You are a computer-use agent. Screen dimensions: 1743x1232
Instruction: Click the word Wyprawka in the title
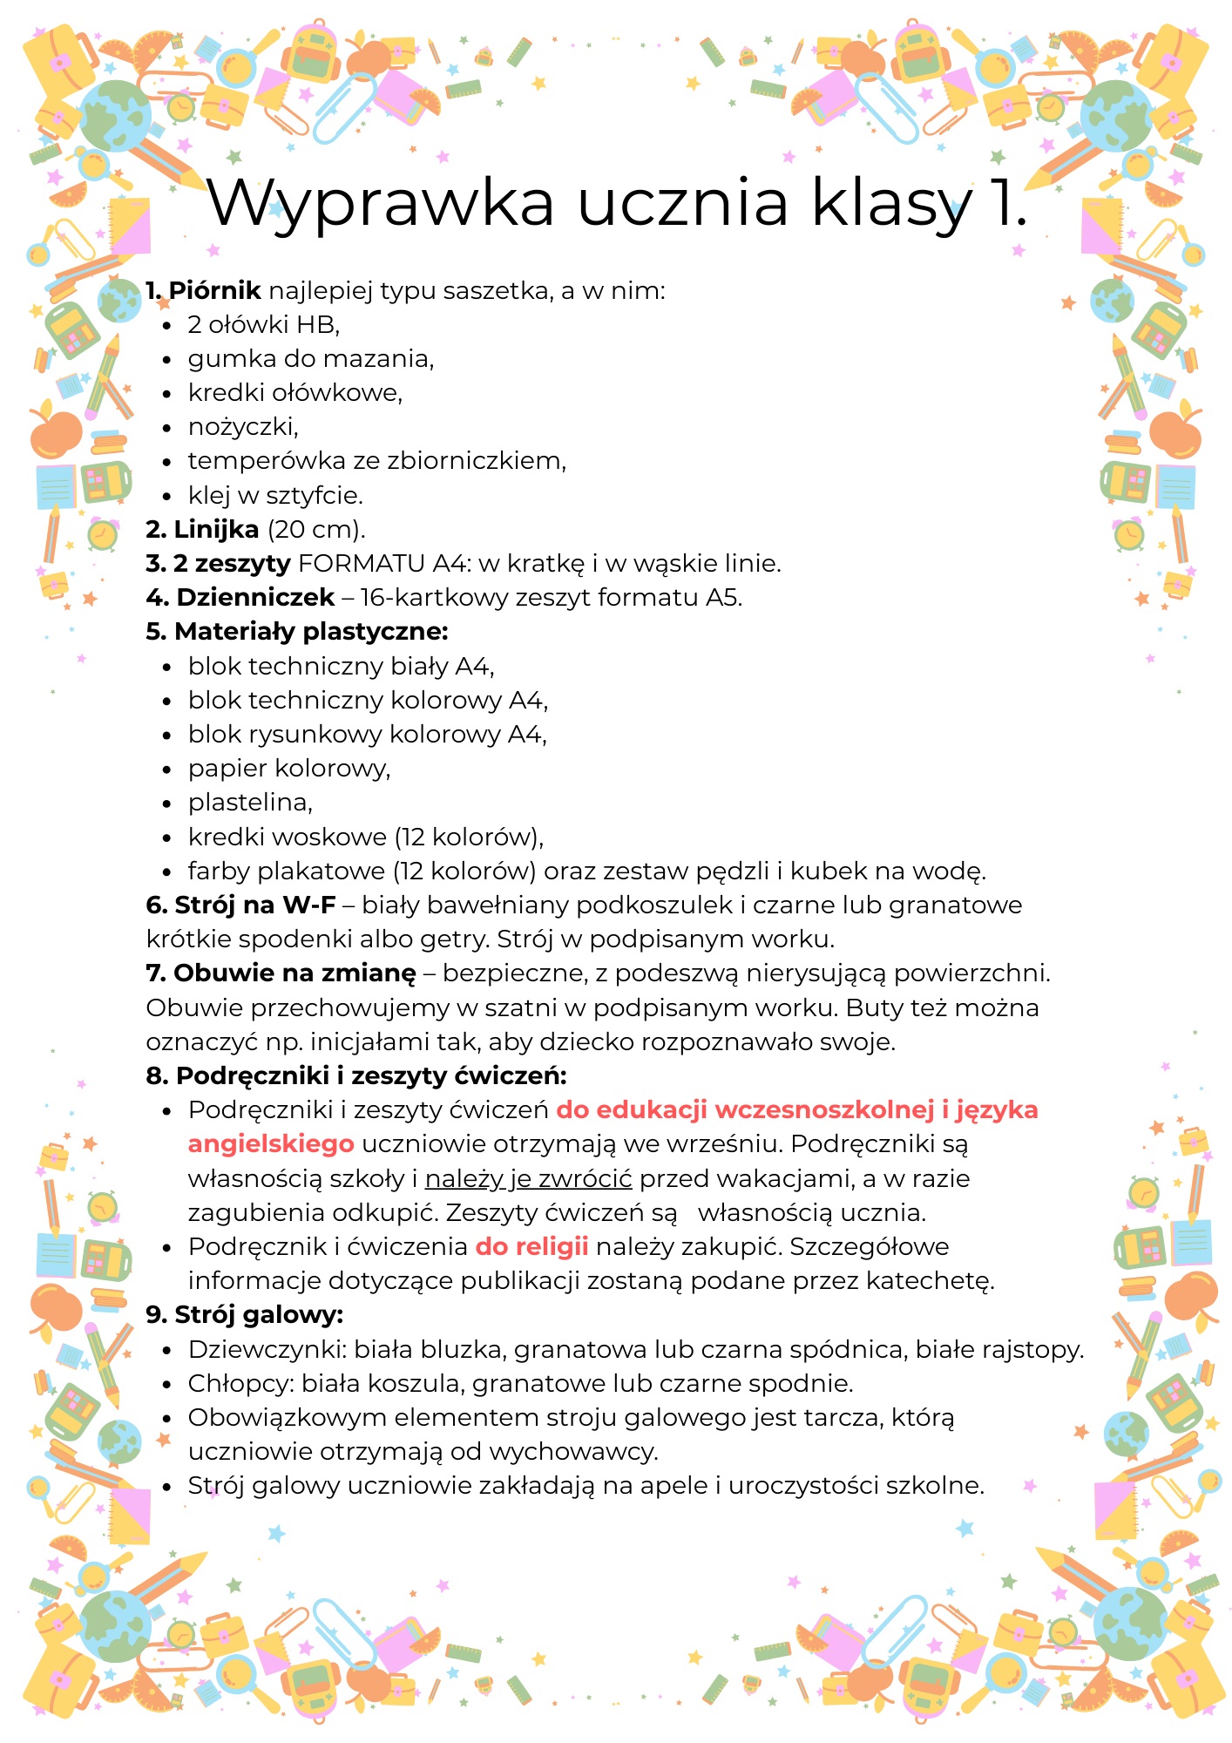381,203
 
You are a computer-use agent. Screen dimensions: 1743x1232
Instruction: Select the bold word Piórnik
214,290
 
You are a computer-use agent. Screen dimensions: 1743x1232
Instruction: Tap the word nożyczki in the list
242,427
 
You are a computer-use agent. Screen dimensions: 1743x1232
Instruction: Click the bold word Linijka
216,529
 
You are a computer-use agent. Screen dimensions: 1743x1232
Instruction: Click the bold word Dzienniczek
255,598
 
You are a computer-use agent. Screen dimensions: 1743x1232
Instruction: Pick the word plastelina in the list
248,803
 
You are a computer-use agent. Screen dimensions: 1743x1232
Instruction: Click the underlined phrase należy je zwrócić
528,1179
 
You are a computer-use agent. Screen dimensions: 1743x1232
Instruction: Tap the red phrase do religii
531,1247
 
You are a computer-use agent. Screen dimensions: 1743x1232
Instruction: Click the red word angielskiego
271,1144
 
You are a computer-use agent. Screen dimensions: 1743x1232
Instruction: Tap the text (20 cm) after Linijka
315,529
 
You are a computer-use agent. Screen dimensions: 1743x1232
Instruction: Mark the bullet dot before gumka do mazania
167,359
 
